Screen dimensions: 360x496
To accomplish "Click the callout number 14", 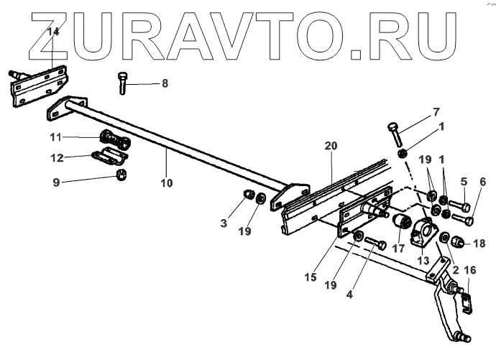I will pyautogui.click(x=53, y=31).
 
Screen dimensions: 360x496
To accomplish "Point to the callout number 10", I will pyautogui.click(x=167, y=183).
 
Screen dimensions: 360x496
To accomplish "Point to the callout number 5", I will pyautogui.click(x=464, y=182).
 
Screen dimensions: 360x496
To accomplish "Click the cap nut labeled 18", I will pyautogui.click(x=459, y=244).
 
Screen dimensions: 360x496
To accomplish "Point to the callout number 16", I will pyautogui.click(x=471, y=269).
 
